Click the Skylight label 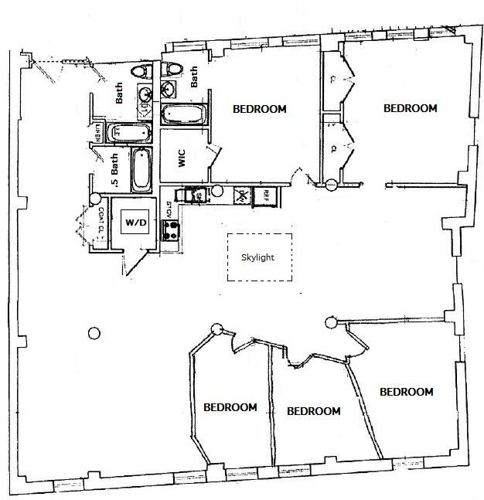point(259,257)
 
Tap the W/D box point(135,223)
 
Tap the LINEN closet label point(98,132)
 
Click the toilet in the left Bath point(140,72)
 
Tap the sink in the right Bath point(169,91)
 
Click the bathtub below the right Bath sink point(183,114)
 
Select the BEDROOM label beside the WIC point(259,110)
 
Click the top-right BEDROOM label point(411,108)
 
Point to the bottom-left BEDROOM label point(230,407)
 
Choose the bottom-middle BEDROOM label point(313,411)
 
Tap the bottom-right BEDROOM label point(406,392)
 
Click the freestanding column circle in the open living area point(94,333)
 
